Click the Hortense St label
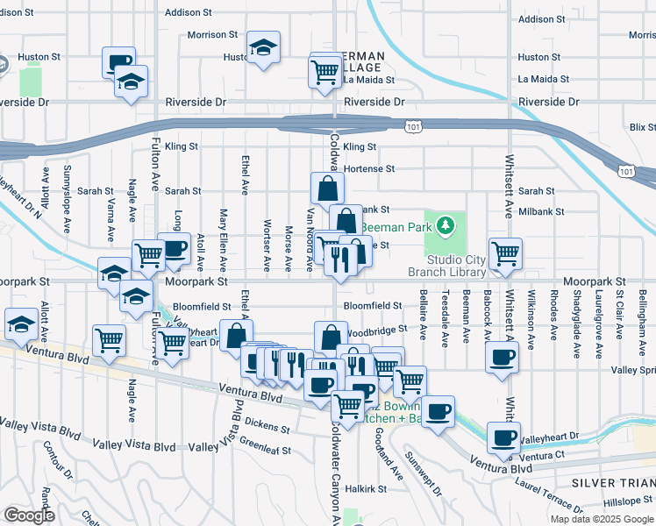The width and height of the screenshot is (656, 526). pos(369,168)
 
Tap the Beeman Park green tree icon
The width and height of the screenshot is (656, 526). pos(446,225)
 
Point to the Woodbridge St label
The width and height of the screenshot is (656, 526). pos(378,330)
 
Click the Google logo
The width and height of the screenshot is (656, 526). pos(29,515)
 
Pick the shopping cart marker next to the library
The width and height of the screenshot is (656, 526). pos(505,253)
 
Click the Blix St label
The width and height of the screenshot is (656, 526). pos(642,127)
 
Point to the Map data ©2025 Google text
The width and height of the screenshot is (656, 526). pos(601,519)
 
